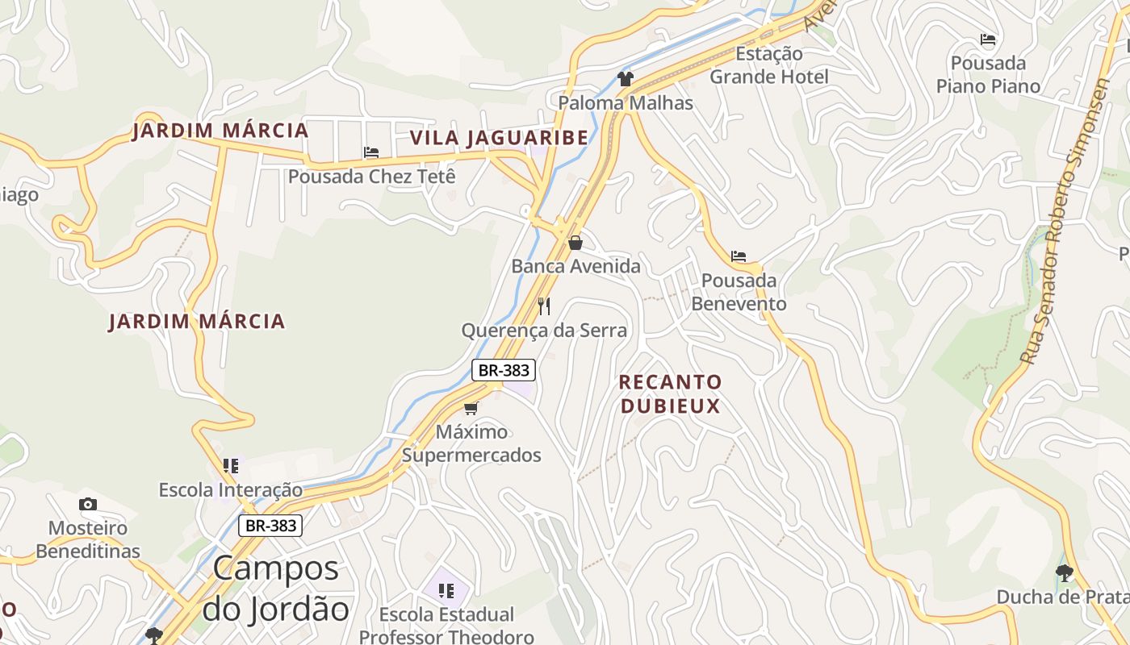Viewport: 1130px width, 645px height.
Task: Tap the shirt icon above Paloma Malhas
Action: (x=626, y=78)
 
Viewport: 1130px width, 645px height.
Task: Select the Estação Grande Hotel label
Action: (x=768, y=65)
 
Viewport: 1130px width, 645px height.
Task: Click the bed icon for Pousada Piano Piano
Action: (x=988, y=40)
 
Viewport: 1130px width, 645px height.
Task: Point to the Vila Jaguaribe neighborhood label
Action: (x=499, y=138)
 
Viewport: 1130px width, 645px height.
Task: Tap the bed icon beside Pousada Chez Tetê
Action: (x=371, y=152)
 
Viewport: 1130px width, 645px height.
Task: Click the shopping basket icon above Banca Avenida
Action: (x=575, y=243)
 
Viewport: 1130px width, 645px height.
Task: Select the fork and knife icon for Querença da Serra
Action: (x=544, y=306)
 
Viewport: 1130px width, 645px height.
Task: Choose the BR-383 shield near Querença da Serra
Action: (x=504, y=370)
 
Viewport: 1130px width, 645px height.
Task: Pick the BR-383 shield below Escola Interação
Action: (x=270, y=526)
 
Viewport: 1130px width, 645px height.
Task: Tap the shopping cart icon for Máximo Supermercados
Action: (x=471, y=408)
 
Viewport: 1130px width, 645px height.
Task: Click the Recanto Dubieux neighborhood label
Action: (x=670, y=393)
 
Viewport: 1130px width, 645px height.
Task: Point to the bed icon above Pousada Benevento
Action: (x=739, y=257)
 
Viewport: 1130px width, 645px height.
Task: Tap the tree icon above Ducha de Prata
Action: (x=1065, y=573)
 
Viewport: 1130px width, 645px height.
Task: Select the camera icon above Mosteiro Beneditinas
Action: (x=88, y=505)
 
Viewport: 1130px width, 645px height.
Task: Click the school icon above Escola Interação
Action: (x=231, y=466)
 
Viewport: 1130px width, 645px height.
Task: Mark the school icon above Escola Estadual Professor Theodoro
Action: (x=446, y=591)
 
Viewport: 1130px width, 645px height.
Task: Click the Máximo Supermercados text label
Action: (x=471, y=443)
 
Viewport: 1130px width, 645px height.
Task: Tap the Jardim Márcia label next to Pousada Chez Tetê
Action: (x=220, y=131)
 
